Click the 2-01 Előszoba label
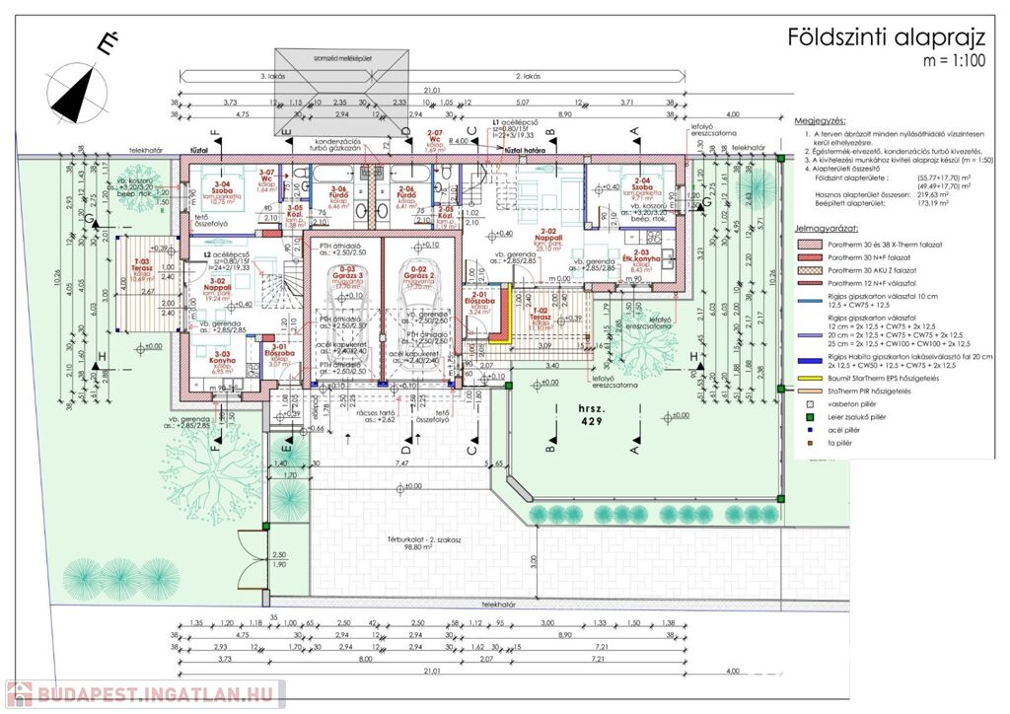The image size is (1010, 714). (x=480, y=298)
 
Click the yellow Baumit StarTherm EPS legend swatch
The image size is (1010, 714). (x=813, y=379)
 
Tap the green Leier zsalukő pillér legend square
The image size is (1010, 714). (x=811, y=417)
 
